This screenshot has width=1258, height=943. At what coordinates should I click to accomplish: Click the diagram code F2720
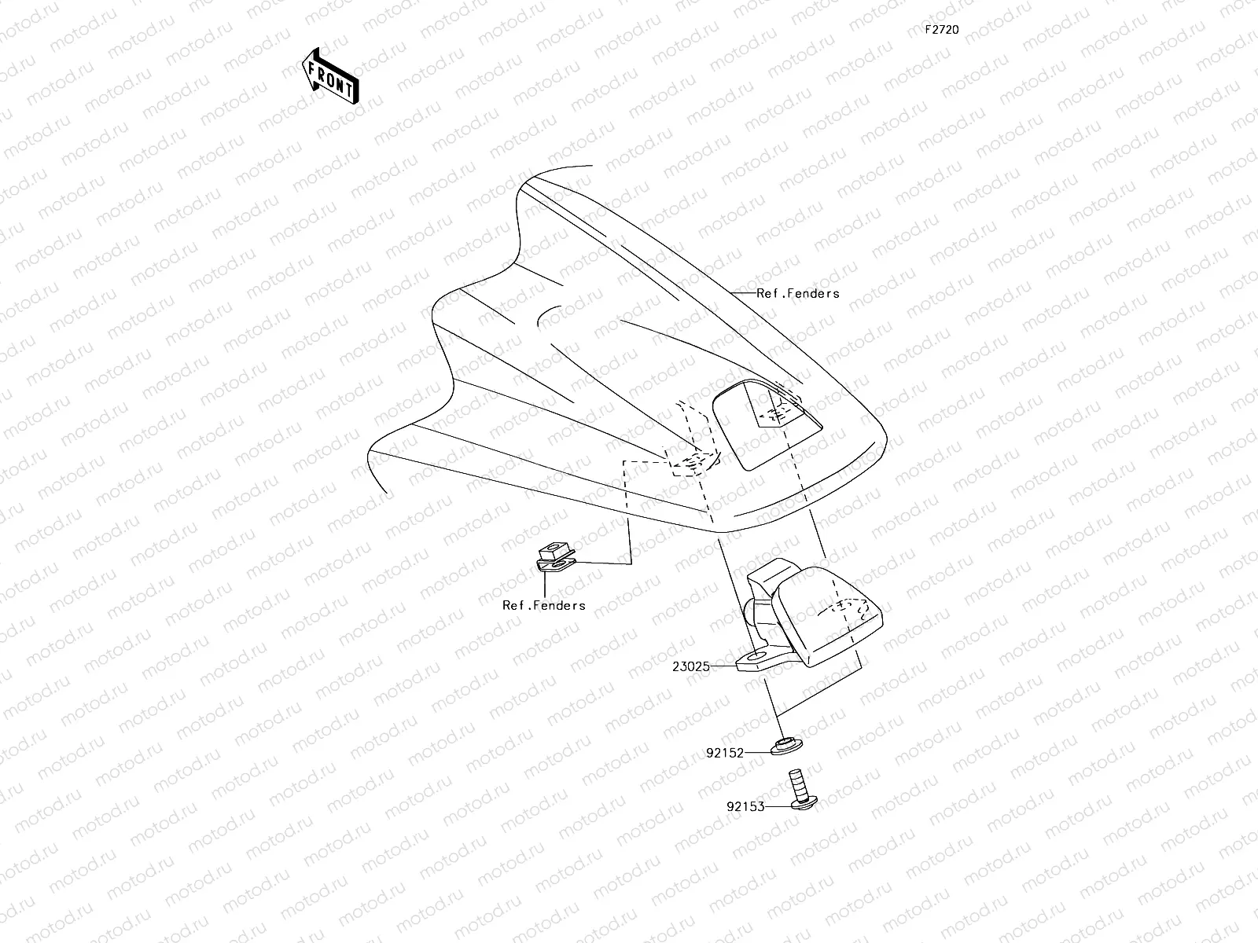(x=941, y=30)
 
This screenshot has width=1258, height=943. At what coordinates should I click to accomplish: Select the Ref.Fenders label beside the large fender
(x=797, y=293)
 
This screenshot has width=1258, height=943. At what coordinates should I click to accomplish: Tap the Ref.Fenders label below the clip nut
(x=544, y=605)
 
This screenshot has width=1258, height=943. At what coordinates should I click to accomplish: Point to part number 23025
(x=691, y=666)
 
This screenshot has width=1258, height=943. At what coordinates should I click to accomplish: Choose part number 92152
(x=724, y=752)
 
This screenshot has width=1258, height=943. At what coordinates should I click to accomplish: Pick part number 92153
(x=745, y=806)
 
